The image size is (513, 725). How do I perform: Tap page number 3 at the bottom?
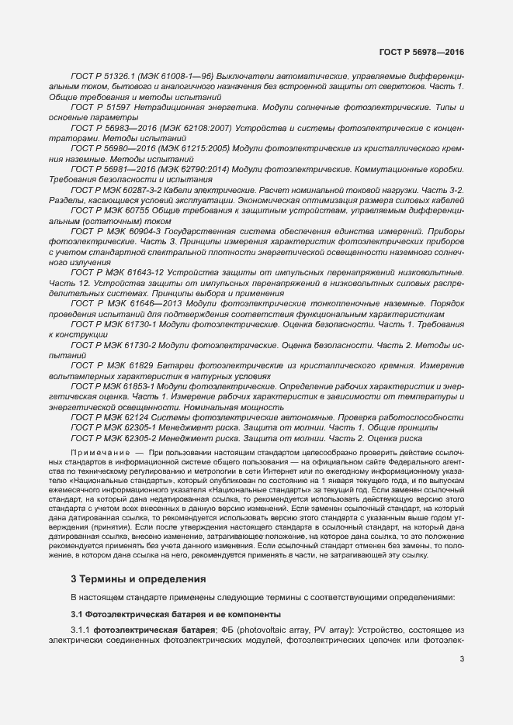pos(462,660)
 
